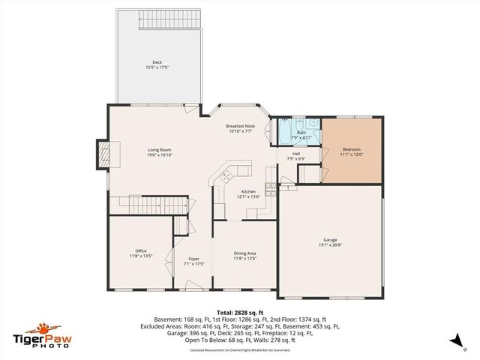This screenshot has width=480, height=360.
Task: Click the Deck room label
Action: [157, 62]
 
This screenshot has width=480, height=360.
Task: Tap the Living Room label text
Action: [160, 150]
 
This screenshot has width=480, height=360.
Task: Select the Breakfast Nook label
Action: [241, 126]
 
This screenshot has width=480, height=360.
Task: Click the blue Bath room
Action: [300, 131]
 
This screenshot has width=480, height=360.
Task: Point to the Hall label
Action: [296, 154]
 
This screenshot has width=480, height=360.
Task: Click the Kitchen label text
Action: [247, 191]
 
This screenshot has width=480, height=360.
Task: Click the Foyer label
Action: [193, 259]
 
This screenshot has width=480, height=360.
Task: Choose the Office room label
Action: [140, 250]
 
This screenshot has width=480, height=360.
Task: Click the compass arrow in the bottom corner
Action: [455, 341]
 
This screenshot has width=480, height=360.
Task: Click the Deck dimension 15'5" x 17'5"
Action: [157, 67]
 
